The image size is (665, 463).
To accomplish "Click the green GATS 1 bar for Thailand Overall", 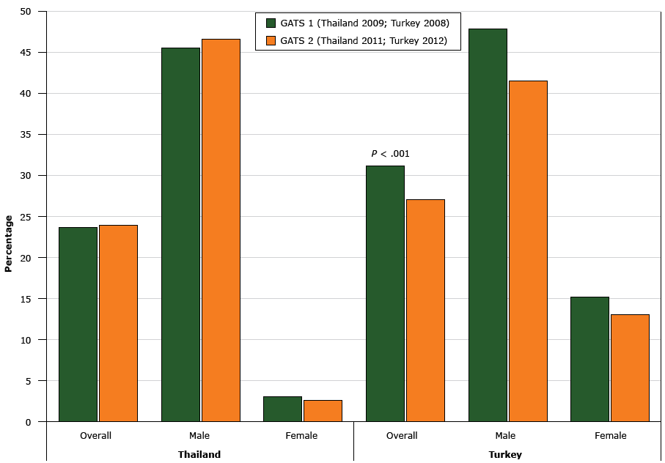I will coord(78,324).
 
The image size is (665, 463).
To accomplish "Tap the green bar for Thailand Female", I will coord(282,409).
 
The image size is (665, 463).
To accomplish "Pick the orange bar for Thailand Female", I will coord(323,410).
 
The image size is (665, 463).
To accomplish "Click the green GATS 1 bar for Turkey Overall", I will coord(385,293).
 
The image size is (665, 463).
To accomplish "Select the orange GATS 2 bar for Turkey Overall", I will coord(425,310).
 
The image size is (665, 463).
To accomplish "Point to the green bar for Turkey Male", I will coord(488,225).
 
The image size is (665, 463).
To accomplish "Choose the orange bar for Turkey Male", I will coord(528,251).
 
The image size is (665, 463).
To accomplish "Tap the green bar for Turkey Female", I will coord(589,359).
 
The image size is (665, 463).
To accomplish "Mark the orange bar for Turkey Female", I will coord(630,368).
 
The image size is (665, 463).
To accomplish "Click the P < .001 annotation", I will coord(390,154).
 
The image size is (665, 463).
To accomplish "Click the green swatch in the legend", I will coord(271,23).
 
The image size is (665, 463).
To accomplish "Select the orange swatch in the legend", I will coord(271,40).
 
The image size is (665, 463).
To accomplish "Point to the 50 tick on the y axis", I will coord(26,12).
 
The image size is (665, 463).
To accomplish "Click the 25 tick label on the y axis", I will coord(26,217).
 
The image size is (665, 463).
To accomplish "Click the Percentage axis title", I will coord(9,243).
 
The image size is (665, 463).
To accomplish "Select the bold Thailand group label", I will coord(199,454).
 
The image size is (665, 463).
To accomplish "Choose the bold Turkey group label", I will coord(505,454).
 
